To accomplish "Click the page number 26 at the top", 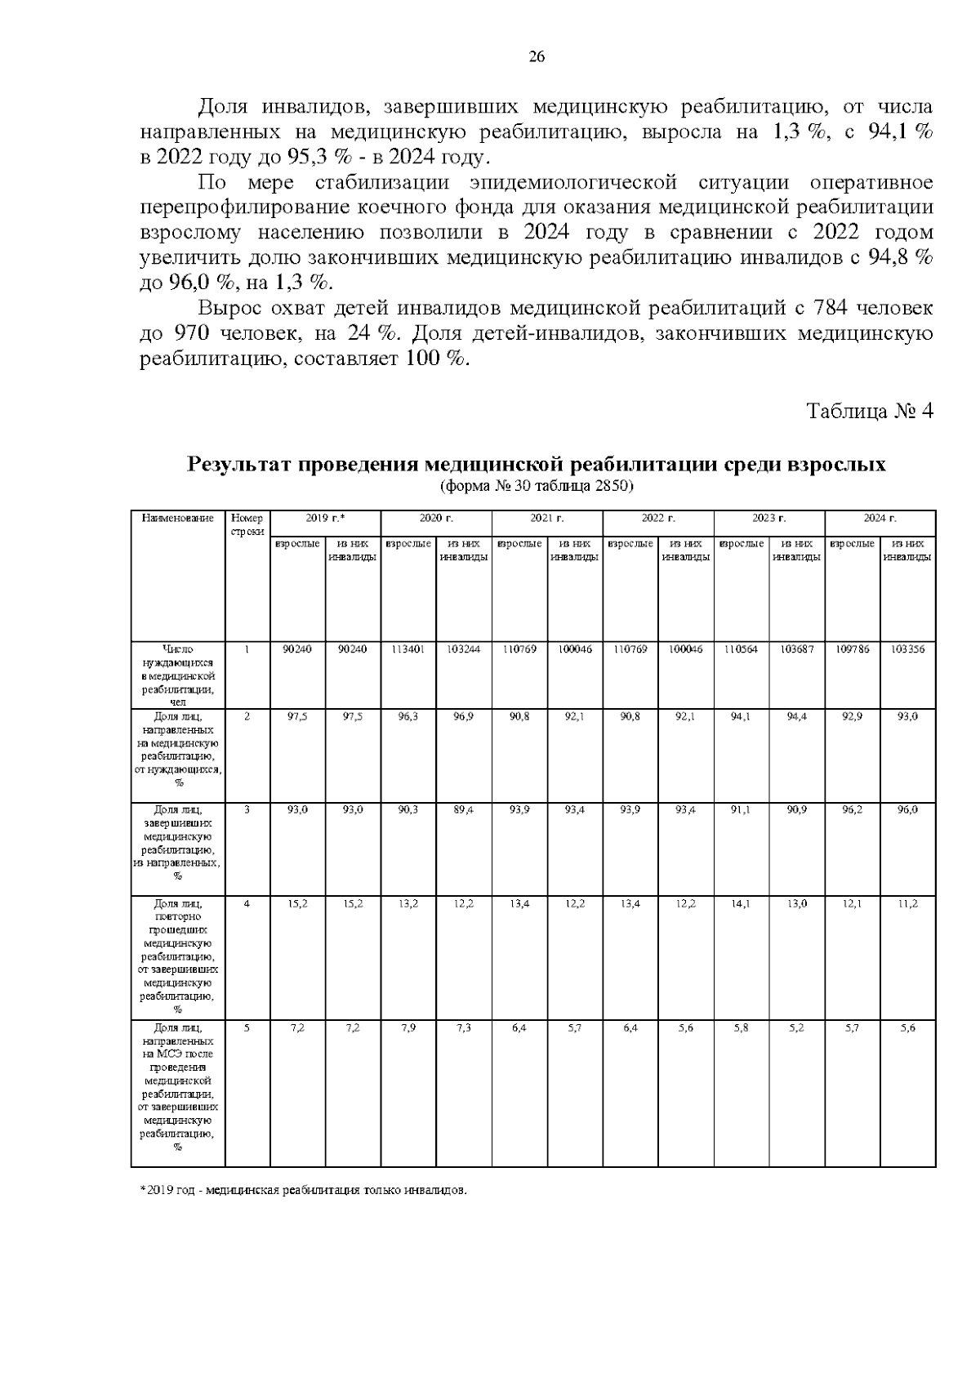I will tap(537, 56).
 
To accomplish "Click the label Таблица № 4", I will tap(869, 411).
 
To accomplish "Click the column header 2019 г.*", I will tap(325, 518).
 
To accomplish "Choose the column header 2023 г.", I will tap(768, 518).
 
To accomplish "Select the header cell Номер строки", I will tap(247, 524).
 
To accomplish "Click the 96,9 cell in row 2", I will tap(463, 716).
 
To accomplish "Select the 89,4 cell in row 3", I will tap(463, 809).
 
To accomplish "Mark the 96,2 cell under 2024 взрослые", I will tap(852, 809).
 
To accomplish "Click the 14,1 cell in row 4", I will tap(741, 903).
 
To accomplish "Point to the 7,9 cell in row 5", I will tap(408, 1027).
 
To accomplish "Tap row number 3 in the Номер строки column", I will tap(247, 809).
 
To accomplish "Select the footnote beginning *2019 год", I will tap(303, 1191).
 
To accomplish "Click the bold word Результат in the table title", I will tap(238, 466).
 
